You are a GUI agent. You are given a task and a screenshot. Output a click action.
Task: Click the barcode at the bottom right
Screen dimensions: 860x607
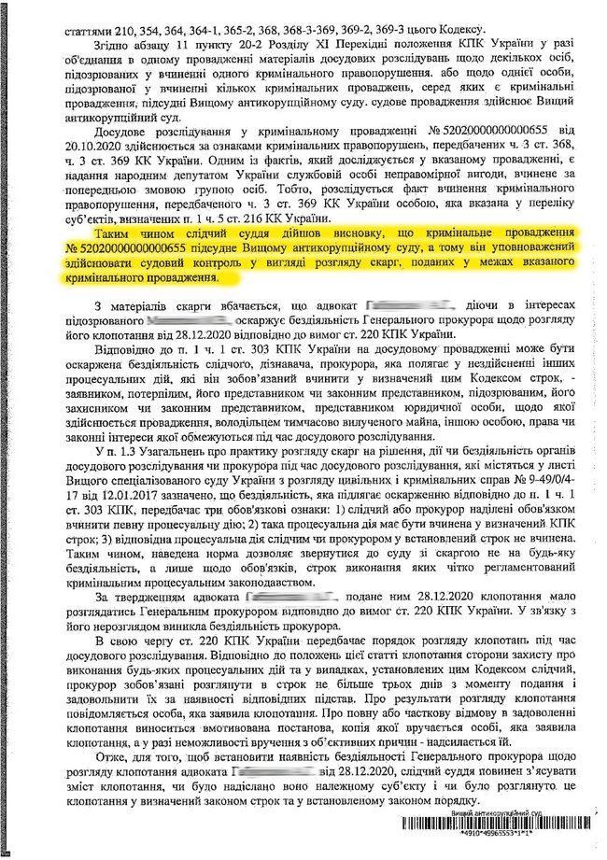coord(501,825)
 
